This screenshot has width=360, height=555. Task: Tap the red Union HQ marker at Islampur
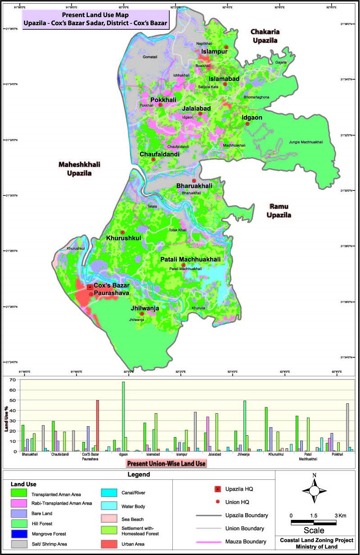pyautogui.click(x=226, y=47)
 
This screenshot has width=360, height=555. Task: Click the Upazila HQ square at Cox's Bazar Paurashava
pyautogui.click(x=90, y=287)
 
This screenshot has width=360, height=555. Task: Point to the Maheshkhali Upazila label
pyautogui.click(x=75, y=169)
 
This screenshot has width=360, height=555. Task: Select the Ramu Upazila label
pyautogui.click(x=280, y=211)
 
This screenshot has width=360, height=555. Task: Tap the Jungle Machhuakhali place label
pyautogui.click(x=306, y=142)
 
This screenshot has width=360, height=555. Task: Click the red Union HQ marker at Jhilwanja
pyautogui.click(x=142, y=314)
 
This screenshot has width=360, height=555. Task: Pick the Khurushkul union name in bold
pyautogui.click(x=124, y=238)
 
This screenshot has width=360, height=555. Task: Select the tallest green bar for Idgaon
pyautogui.click(x=123, y=416)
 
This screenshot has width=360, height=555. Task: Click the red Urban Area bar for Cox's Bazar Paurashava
pyautogui.click(x=98, y=425)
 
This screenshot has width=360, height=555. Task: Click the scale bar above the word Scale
pyautogui.click(x=314, y=522)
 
